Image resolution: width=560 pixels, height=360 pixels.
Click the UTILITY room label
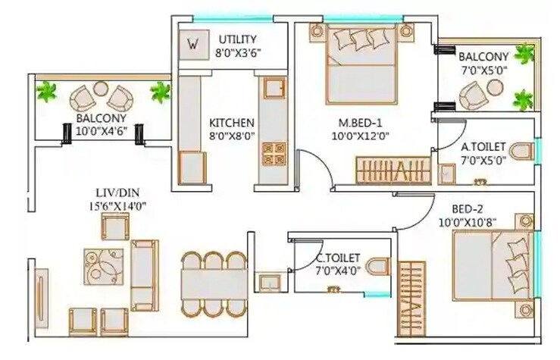click(x=238, y=39)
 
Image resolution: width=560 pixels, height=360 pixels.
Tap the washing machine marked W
click(x=192, y=44)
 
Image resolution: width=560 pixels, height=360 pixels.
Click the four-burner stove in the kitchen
click(x=271, y=154)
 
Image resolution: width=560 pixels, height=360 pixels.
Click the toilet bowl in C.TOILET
click(x=380, y=268)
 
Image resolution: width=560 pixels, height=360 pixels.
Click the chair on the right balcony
click(x=474, y=94)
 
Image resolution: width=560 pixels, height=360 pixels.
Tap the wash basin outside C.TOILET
click(x=267, y=283)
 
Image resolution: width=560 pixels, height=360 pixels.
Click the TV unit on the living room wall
click(x=39, y=298)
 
